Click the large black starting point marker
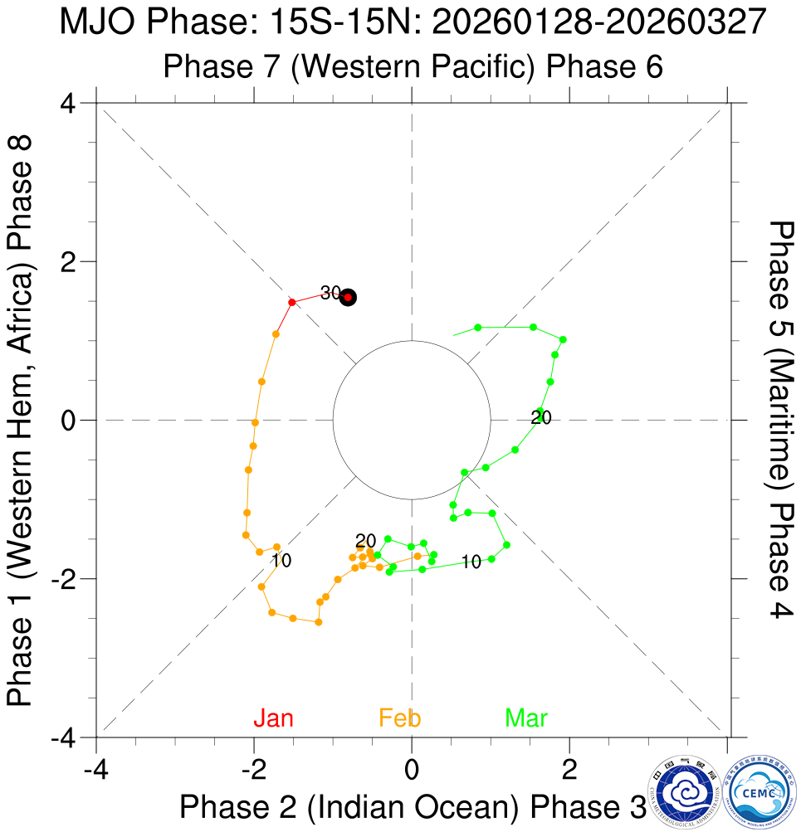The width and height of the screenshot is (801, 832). [x=349, y=297]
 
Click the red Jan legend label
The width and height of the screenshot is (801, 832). [x=274, y=718]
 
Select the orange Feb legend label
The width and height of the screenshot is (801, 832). [x=400, y=718]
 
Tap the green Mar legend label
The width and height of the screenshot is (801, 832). [x=526, y=718]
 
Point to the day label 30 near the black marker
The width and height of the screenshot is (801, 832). [x=330, y=292]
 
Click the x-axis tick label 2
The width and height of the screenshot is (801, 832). [x=569, y=768]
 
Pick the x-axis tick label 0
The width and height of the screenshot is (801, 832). [x=412, y=768]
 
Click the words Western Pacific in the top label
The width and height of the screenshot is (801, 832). [x=413, y=66]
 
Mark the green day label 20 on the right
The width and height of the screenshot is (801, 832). [x=541, y=417]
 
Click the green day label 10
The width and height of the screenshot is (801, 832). [x=471, y=562]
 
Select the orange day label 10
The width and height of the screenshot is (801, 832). [x=281, y=561]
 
